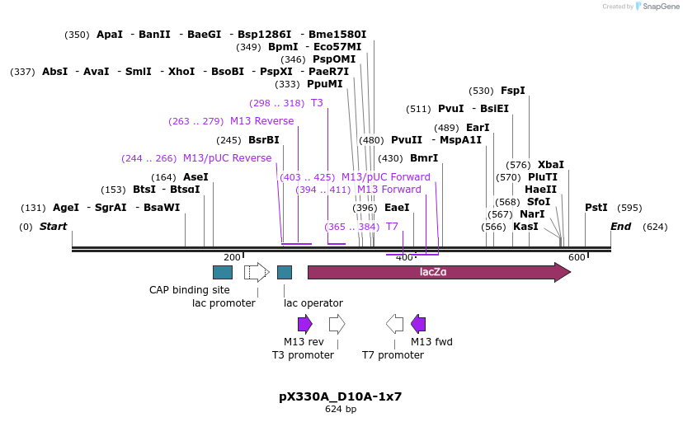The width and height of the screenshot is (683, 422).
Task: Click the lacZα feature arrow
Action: click(437, 272)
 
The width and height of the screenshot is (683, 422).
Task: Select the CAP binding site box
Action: click(223, 272)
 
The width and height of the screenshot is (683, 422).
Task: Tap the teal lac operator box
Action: click(285, 272)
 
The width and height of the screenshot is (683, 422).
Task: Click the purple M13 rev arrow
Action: click(305, 324)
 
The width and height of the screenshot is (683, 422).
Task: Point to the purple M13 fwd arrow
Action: click(418, 324)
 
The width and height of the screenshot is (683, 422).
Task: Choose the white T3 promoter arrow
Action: click(337, 324)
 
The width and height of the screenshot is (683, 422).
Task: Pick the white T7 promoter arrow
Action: click(394, 324)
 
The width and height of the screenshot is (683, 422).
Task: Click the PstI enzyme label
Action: click(596, 208)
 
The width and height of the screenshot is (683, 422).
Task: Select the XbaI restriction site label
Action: click(551, 165)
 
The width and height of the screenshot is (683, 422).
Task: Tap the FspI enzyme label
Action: click(513, 91)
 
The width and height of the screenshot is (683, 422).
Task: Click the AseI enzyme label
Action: click(195, 177)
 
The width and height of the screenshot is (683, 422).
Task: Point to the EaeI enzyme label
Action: click(397, 208)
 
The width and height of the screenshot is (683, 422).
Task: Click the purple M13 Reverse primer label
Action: click(261, 121)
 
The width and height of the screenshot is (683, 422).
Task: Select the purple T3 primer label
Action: click(317, 103)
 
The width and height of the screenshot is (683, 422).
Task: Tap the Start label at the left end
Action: click(53, 227)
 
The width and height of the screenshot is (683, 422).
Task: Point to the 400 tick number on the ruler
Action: click(404, 257)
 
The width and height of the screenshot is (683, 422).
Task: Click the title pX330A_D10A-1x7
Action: click(340, 396)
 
